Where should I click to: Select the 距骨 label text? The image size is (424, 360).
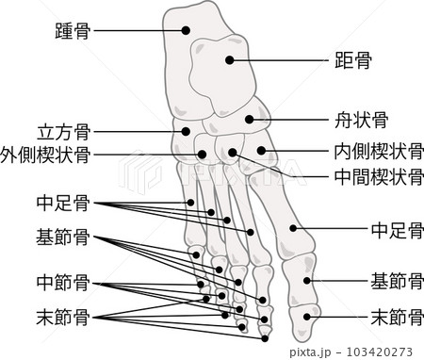point(352,62)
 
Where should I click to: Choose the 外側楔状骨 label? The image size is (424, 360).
point(45,153)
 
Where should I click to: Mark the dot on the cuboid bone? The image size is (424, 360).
point(187,132)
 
